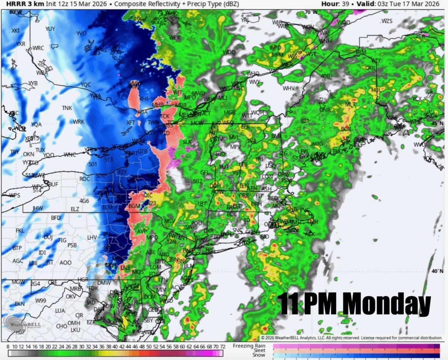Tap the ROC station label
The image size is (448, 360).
click(x=85, y=179)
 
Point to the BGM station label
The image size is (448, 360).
click(x=134, y=206)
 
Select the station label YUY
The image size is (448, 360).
click(x=50, y=29)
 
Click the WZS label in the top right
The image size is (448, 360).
click(x=387, y=21)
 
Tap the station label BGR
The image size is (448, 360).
click(x=346, y=129)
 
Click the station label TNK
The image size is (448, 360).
click(x=67, y=108)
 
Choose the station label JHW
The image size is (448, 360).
click(x=38, y=208)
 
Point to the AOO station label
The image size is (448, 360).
click(x=65, y=263)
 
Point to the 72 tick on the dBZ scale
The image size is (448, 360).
click(x=223, y=347)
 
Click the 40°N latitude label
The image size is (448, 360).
click(x=437, y=271)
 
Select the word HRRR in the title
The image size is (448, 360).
click(x=11, y=4)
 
